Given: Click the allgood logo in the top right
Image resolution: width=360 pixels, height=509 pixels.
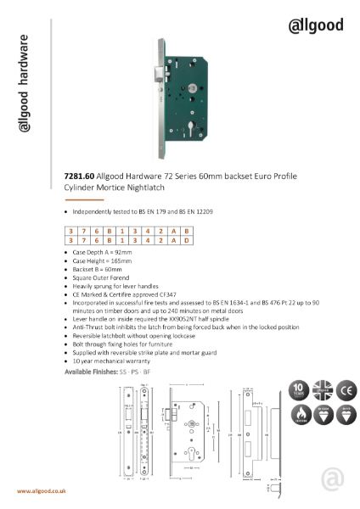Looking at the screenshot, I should pyautogui.click(x=318, y=20).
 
